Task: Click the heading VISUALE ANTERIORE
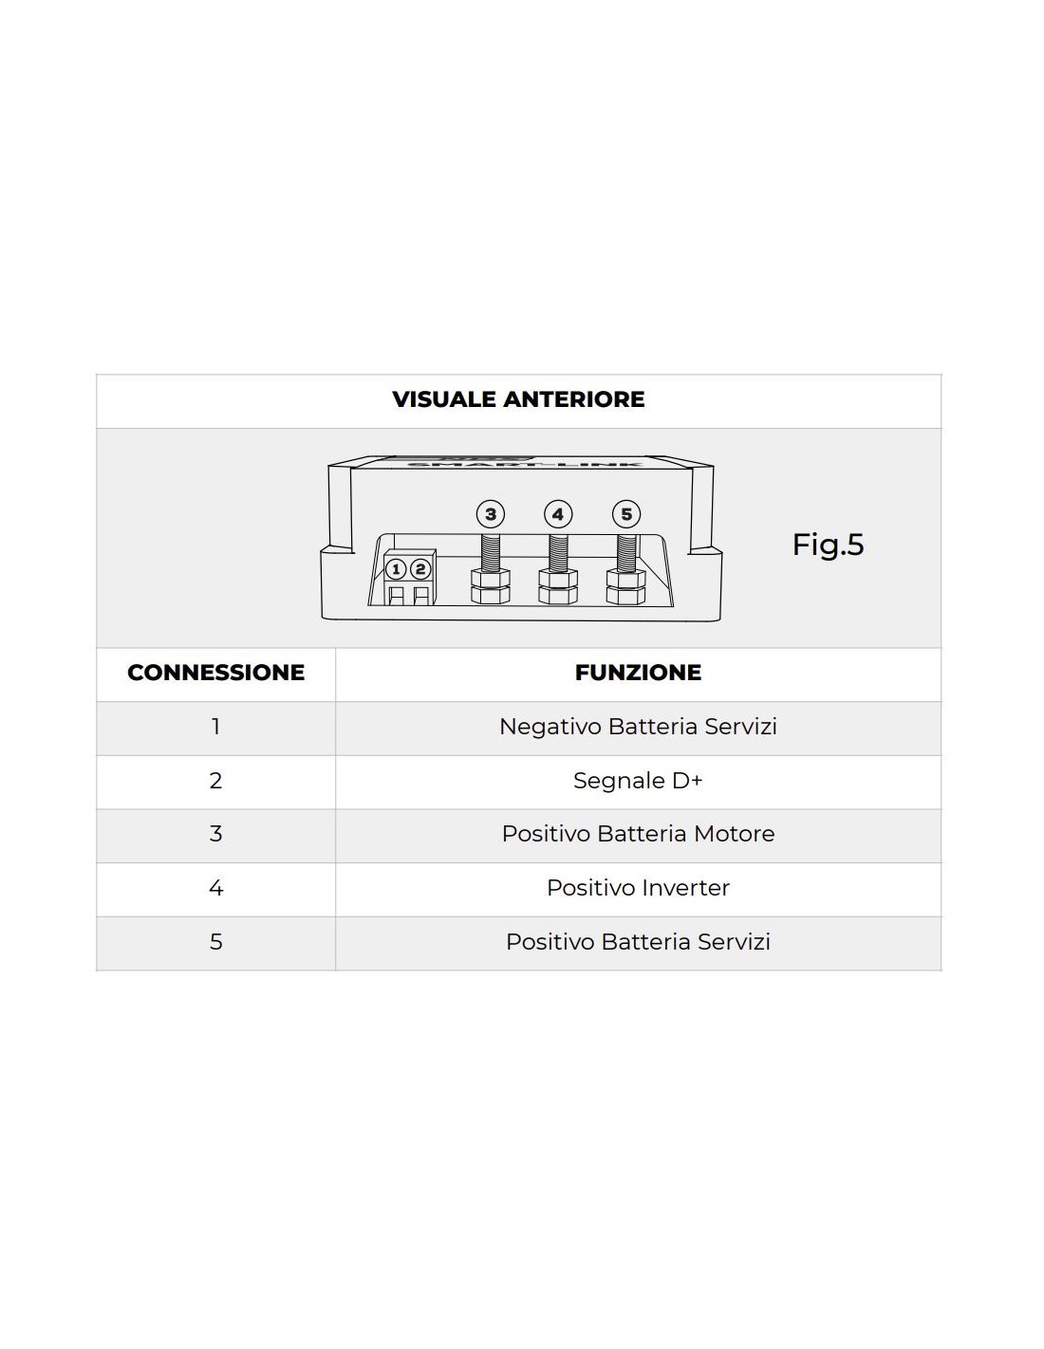point(518,399)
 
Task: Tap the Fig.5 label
point(828,545)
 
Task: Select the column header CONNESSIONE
point(215,673)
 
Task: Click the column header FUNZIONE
point(638,673)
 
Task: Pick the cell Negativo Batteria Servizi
point(638,727)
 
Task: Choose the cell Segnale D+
point(638,781)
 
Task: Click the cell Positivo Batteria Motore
point(638,834)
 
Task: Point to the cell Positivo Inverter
point(638,888)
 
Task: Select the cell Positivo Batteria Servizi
point(638,942)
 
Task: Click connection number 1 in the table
point(215,727)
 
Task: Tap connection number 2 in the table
point(215,781)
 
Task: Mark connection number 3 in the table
point(215,834)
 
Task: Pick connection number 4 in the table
point(215,888)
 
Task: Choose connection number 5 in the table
point(215,942)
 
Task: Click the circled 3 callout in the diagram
point(490,514)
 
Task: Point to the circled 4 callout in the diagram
point(558,514)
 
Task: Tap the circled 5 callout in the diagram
point(626,514)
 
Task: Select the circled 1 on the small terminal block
point(396,570)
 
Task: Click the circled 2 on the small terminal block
point(419,570)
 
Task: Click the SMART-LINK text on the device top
point(524,464)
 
